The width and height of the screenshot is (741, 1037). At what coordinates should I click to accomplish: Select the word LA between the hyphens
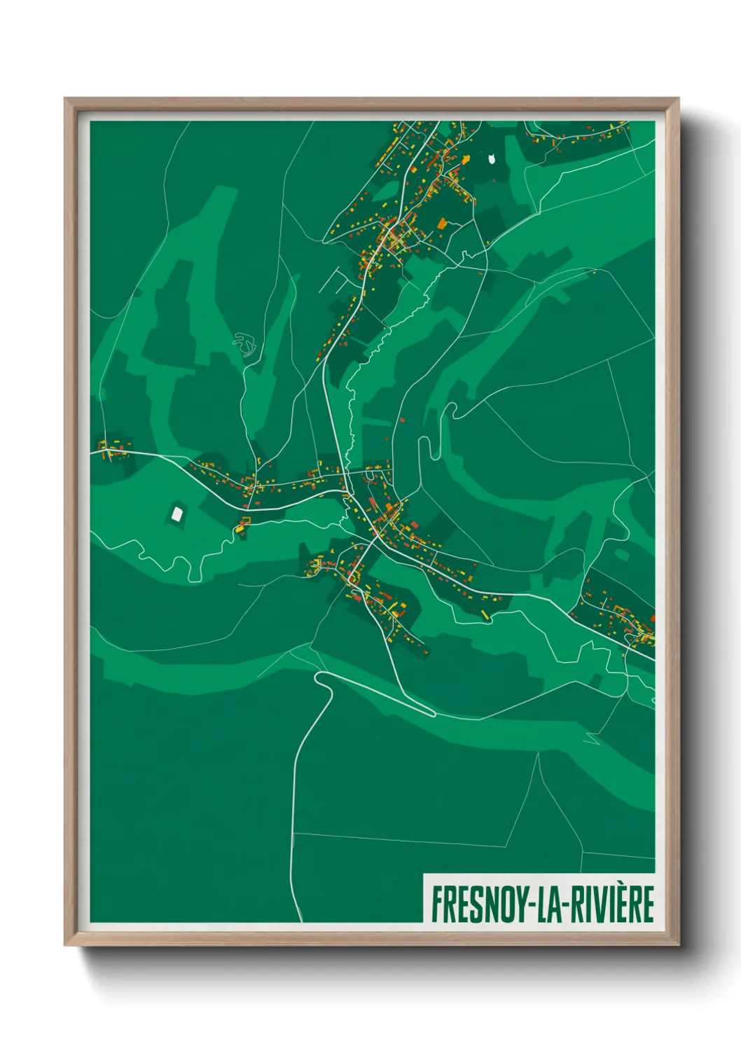tap(552, 905)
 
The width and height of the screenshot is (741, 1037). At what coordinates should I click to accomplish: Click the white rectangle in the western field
tap(177, 514)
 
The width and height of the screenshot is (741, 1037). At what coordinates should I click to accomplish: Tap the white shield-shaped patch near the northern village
tap(492, 159)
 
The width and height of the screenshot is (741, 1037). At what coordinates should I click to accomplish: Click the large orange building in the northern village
tap(442, 224)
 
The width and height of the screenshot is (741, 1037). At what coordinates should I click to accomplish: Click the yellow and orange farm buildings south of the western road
tap(243, 524)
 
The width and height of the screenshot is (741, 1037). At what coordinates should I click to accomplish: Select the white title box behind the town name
tap(539, 898)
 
